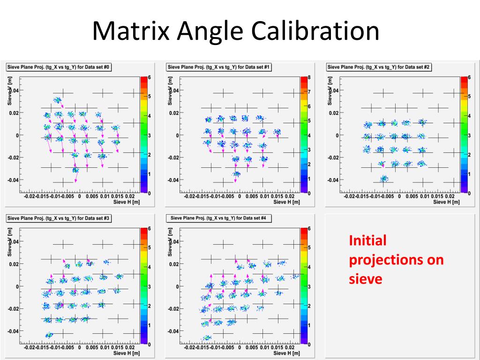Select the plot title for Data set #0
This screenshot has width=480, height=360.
point(59,67)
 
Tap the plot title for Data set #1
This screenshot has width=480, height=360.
point(219,67)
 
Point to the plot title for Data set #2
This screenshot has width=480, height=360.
point(379,67)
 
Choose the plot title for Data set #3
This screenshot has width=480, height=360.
point(59,218)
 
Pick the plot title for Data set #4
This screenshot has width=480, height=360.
point(219,218)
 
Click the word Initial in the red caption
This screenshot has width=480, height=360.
point(367,241)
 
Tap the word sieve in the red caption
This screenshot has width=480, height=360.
point(366,279)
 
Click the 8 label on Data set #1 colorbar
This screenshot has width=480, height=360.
point(309,77)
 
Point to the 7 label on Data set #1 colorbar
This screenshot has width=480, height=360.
point(309,92)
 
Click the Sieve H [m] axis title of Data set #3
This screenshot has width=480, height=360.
point(126,353)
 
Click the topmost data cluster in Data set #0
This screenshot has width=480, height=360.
point(57,99)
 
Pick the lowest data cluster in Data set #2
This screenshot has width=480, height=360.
point(384,179)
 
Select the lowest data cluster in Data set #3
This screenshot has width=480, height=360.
point(49,335)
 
